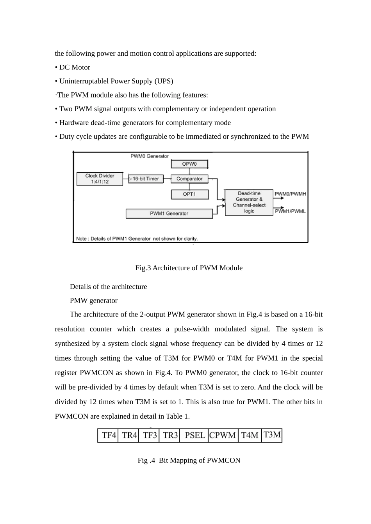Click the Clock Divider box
point(100,179)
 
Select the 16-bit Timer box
point(146,179)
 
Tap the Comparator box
point(189,179)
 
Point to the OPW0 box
point(189,164)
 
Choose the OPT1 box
point(189,194)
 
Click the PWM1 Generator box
point(169,214)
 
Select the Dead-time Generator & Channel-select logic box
point(249,202)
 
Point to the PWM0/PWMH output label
point(290,194)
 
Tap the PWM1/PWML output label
point(290,211)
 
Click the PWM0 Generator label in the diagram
point(149,156)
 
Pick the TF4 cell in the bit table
point(108,435)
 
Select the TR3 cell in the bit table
point(170,435)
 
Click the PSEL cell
point(194,435)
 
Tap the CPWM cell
point(223,435)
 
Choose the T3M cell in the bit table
point(272,435)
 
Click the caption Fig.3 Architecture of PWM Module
point(189,268)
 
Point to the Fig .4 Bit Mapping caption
point(189,460)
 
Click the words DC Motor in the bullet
point(75,67)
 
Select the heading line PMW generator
point(94,301)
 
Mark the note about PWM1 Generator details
point(137,239)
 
